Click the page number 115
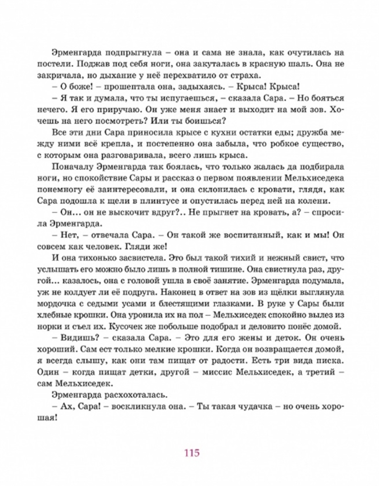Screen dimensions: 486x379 click(191, 453)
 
